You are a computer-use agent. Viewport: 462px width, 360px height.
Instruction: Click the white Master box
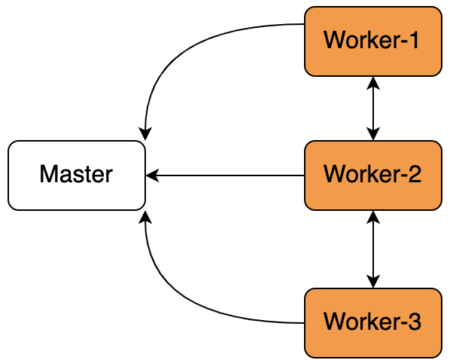pyautogui.click(x=77, y=175)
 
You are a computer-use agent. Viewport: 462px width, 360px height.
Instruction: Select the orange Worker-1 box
pyautogui.click(x=373, y=41)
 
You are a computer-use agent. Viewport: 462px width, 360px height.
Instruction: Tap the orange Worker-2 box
pyautogui.click(x=373, y=175)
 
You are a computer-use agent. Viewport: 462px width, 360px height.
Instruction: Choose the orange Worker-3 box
pyautogui.click(x=373, y=323)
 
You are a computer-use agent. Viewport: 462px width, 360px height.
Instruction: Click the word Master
pyautogui.click(x=76, y=174)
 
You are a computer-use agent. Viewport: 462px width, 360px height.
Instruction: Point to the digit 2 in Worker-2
pyautogui.click(x=414, y=174)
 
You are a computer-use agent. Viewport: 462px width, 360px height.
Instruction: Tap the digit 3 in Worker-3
pyautogui.click(x=414, y=322)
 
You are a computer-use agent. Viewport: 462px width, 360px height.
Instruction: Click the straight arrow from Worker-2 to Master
pyautogui.click(x=225, y=175)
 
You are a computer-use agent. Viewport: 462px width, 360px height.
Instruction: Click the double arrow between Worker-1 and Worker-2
pyautogui.click(x=373, y=108)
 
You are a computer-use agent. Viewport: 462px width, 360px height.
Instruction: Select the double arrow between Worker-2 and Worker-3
pyautogui.click(x=373, y=249)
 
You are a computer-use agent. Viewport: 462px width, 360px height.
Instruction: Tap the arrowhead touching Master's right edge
pyautogui.click(x=152, y=175)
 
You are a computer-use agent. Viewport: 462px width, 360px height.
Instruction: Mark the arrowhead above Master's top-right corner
pyautogui.click(x=145, y=134)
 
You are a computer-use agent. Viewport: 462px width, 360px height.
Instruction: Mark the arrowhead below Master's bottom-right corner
pyautogui.click(x=145, y=218)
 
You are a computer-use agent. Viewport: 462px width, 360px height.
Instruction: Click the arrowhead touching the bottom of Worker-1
pyautogui.click(x=373, y=83)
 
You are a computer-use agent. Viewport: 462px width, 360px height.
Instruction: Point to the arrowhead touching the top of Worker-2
pyautogui.click(x=373, y=134)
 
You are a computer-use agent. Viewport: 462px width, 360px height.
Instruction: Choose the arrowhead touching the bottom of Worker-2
pyautogui.click(x=373, y=218)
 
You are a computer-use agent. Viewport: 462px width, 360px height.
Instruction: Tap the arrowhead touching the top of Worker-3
pyautogui.click(x=373, y=282)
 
